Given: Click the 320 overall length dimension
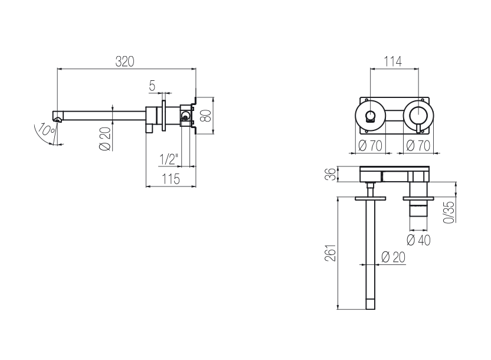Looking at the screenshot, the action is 125,61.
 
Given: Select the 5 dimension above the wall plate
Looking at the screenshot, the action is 152,86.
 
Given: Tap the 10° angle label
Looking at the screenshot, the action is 47,130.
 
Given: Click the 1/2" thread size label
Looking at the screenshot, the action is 169,159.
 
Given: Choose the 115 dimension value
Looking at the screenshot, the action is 171,179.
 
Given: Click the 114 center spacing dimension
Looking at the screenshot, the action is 392,61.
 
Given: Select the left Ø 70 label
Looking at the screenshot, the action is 370,146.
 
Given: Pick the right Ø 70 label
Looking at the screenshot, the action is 418,146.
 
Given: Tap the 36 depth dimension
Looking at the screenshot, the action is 332,174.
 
